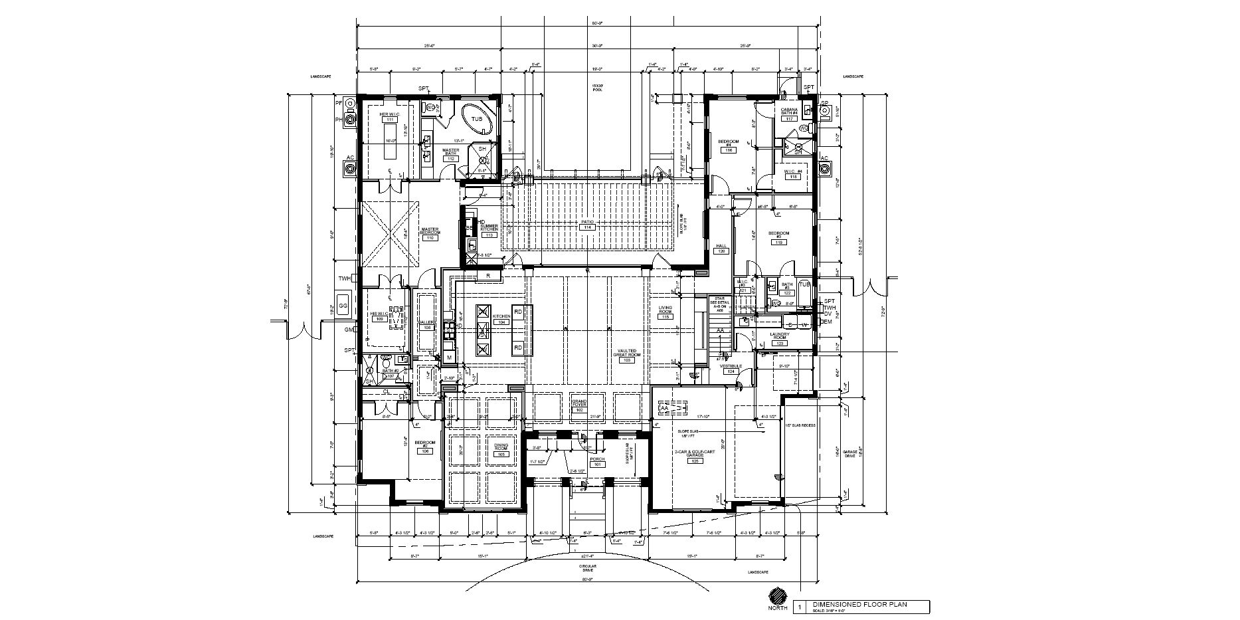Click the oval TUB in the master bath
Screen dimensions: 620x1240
(477, 120)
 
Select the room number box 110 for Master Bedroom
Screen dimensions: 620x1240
(430, 238)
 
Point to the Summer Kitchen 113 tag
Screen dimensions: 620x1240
(489, 235)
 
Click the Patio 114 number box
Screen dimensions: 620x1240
(587, 228)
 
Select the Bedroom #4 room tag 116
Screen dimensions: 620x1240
(729, 151)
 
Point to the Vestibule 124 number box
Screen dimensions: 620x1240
(731, 371)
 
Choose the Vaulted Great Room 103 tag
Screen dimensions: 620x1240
(626, 360)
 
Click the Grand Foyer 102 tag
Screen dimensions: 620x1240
(579, 411)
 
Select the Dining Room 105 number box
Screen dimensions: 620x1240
(501, 455)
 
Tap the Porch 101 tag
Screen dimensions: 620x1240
(597, 465)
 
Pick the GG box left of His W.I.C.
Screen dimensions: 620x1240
(343, 306)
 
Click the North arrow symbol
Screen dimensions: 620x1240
(778, 596)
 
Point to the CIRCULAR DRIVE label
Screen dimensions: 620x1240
(587, 569)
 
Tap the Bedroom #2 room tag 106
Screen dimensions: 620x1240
(425, 451)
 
